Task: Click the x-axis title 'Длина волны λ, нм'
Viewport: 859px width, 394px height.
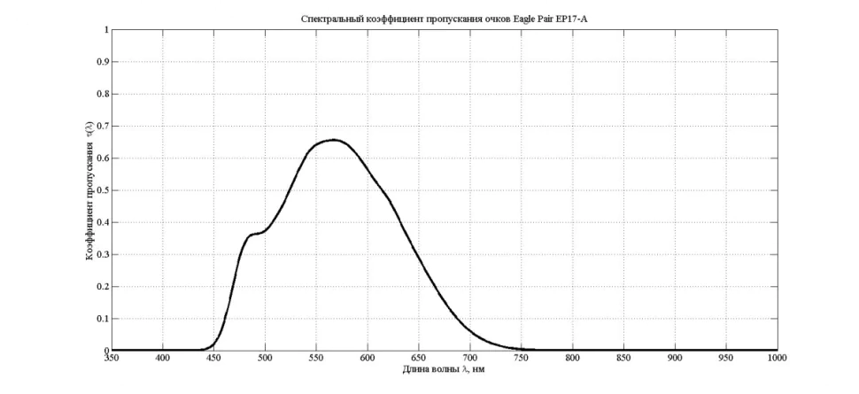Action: click(443, 367)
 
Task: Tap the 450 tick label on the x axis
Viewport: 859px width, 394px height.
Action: click(213, 358)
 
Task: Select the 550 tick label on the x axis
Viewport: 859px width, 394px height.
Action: click(316, 358)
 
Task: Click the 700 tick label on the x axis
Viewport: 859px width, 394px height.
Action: click(470, 358)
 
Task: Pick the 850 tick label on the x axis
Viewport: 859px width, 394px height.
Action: click(624, 358)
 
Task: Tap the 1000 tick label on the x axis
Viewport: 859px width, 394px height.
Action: click(778, 358)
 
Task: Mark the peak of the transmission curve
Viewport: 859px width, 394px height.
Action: click(333, 140)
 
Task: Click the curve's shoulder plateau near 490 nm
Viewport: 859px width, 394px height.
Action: click(256, 234)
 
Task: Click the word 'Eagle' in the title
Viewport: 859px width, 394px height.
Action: click(525, 18)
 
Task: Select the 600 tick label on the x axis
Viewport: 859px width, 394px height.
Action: click(368, 358)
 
